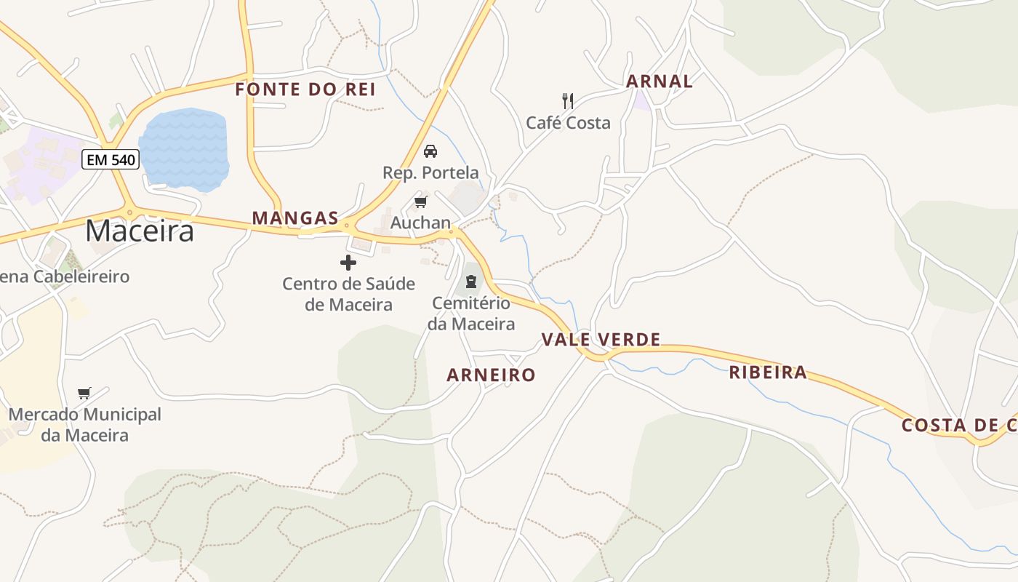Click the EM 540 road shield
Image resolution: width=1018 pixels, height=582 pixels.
tap(111, 159)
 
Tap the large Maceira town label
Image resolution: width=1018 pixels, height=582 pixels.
tap(140, 231)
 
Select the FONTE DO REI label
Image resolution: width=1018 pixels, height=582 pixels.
tap(305, 89)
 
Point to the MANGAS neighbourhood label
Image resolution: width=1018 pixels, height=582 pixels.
tap(295, 218)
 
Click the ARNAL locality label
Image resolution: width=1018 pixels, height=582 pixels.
tap(660, 81)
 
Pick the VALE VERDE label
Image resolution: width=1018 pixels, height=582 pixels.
tap(601, 340)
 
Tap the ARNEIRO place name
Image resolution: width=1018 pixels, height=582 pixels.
tap(491, 375)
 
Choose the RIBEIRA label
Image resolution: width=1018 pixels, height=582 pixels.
tap(768, 372)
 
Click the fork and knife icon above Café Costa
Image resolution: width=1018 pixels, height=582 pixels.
tap(568, 100)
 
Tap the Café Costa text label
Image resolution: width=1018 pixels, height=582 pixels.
tap(568, 122)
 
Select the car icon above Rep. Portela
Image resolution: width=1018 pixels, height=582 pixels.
tap(430, 151)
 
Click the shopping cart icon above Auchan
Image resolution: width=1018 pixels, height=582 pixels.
tap(420, 202)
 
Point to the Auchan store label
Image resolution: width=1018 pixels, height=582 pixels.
tap(420, 223)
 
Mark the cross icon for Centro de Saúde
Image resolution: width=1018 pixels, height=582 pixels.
tap(348, 263)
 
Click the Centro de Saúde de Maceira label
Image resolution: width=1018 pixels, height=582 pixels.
tap(348, 294)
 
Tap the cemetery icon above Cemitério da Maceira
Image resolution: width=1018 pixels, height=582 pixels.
tap(471, 281)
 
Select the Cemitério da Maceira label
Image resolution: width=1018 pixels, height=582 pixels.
tap(471, 313)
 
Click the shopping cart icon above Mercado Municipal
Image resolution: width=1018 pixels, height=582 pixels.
tap(84, 394)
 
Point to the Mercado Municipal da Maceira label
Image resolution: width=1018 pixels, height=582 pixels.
tap(85, 425)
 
